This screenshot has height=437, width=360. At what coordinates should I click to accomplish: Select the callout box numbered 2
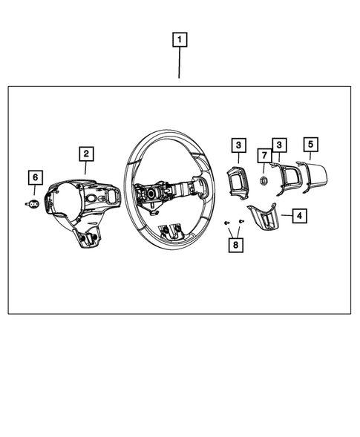[87, 154]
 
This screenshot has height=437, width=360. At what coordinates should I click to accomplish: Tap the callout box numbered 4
[299, 216]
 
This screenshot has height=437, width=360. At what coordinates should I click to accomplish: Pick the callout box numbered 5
[310, 145]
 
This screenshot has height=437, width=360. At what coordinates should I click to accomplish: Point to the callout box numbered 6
[34, 177]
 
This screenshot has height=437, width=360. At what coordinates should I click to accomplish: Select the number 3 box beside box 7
[279, 145]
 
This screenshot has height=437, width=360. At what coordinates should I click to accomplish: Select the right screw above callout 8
[241, 223]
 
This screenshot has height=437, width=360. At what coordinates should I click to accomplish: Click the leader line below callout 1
[180, 63]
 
